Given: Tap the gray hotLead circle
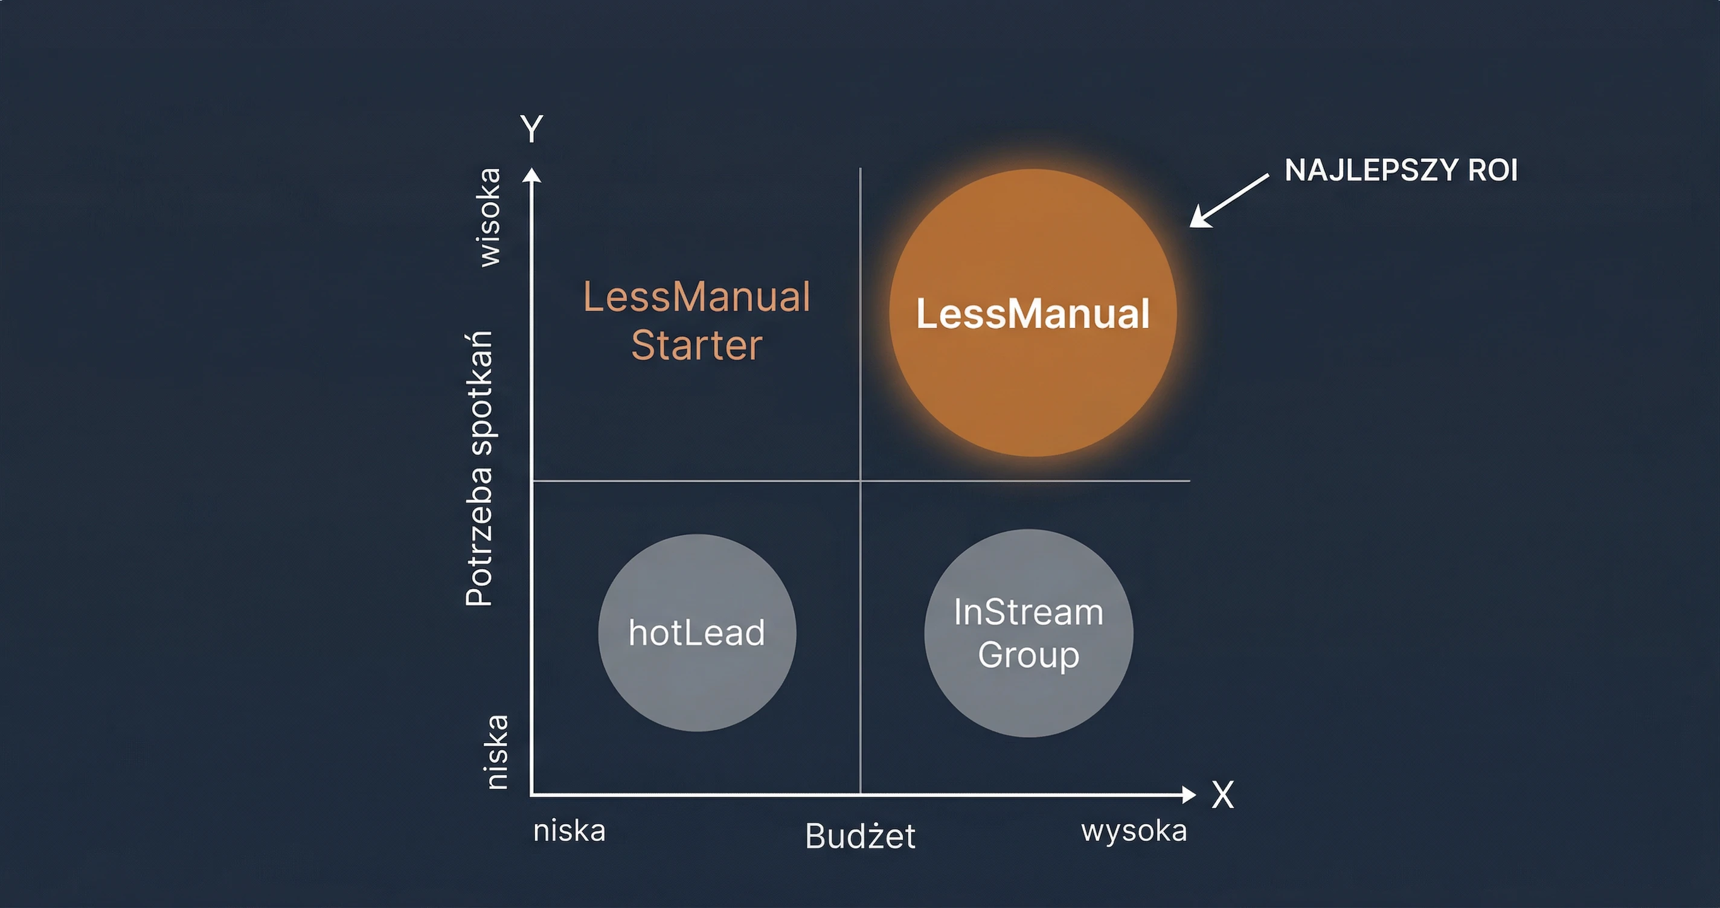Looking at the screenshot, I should point(696,632).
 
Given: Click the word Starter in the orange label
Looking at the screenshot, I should point(696,345).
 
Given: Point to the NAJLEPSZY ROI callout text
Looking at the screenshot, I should point(1401,170).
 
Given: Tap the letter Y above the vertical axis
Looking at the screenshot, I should point(531,128).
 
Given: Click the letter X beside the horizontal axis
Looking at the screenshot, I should point(1222,795).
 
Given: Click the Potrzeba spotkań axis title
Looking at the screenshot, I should point(479,467).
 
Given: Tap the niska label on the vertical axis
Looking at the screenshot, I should point(495,752).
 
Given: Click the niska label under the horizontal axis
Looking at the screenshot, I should point(569,831).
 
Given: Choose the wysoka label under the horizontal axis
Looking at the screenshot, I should point(1134,831).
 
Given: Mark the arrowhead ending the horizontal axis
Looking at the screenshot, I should point(1188,794).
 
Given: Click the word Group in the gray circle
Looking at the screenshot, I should point(1028,654).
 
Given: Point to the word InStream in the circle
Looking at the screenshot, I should point(1028,612).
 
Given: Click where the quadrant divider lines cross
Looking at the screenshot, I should point(861,480).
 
